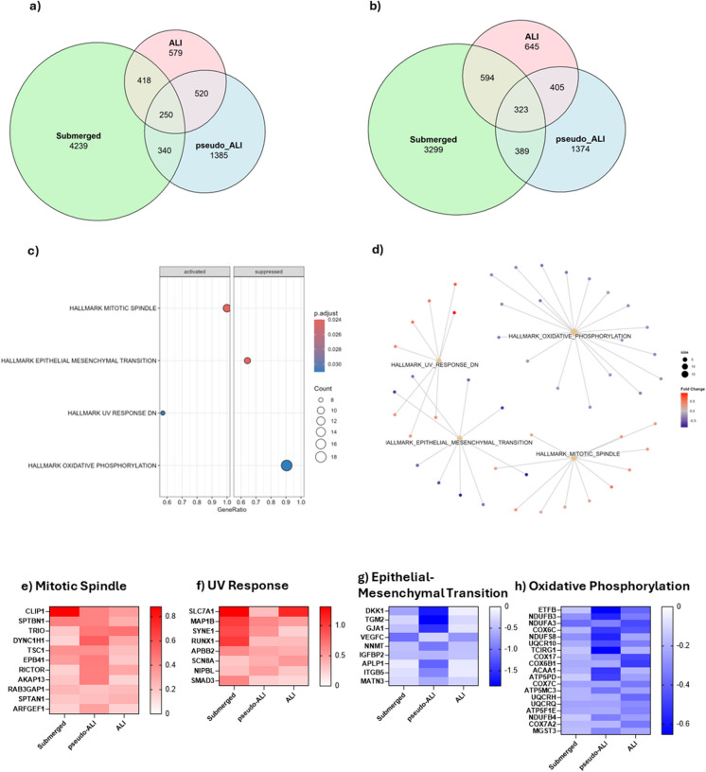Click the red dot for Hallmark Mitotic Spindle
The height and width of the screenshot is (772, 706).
point(227,308)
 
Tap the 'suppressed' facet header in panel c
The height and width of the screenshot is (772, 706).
point(268,272)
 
